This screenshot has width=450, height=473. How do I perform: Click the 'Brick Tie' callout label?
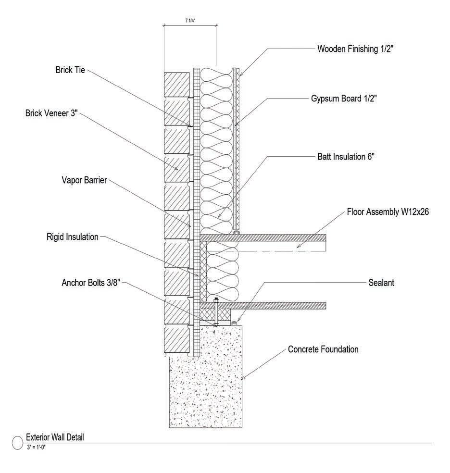[70, 69]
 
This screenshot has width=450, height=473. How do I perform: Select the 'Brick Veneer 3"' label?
[51, 114]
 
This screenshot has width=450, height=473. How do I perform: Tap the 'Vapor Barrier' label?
[84, 181]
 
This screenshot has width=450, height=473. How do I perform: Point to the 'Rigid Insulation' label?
[73, 236]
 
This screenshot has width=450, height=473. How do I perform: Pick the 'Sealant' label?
[381, 283]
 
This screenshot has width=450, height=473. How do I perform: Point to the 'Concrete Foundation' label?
[323, 349]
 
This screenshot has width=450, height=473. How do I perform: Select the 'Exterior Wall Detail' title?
[56, 437]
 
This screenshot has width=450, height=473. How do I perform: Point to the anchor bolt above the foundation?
[216, 312]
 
